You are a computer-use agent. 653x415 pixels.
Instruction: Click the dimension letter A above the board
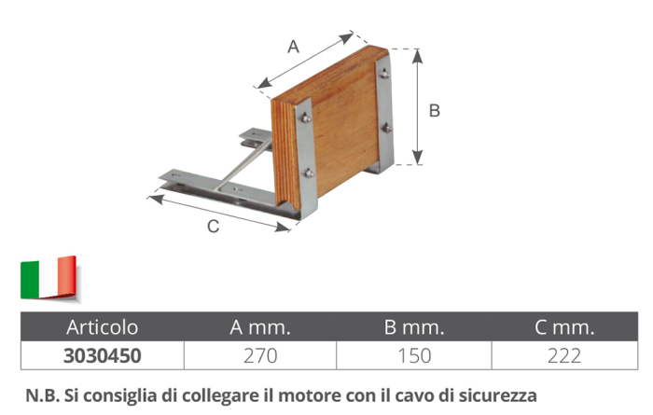(x=293, y=47)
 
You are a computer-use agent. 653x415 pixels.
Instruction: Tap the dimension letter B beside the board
(x=434, y=110)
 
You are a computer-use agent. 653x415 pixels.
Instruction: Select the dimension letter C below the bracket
(x=213, y=227)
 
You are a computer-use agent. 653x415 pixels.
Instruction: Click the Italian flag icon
(x=48, y=277)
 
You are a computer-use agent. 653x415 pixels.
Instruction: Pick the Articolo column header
(x=102, y=327)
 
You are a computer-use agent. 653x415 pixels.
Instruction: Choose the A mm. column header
(x=260, y=327)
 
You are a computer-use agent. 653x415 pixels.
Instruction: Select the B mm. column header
(x=414, y=327)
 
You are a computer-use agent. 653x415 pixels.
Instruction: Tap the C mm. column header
(x=565, y=327)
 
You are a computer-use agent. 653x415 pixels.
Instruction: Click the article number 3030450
(x=102, y=355)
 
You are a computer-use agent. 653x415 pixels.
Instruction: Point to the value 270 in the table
(x=260, y=355)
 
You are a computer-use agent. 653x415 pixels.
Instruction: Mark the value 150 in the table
(x=414, y=355)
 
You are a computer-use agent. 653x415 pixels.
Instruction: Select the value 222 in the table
(x=565, y=355)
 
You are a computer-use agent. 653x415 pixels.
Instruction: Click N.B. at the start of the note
(x=40, y=393)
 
